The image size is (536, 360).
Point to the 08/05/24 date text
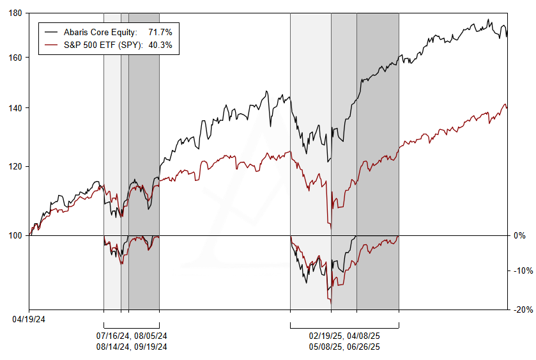coord(151,336)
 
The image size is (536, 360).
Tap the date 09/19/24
coord(151,347)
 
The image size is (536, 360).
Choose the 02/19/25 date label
coord(326,336)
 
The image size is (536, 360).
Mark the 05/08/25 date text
coord(326,347)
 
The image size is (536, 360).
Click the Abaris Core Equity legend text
coord(100,32)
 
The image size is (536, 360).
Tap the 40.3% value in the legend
coord(160,45)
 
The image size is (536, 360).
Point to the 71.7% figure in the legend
coord(160,32)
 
